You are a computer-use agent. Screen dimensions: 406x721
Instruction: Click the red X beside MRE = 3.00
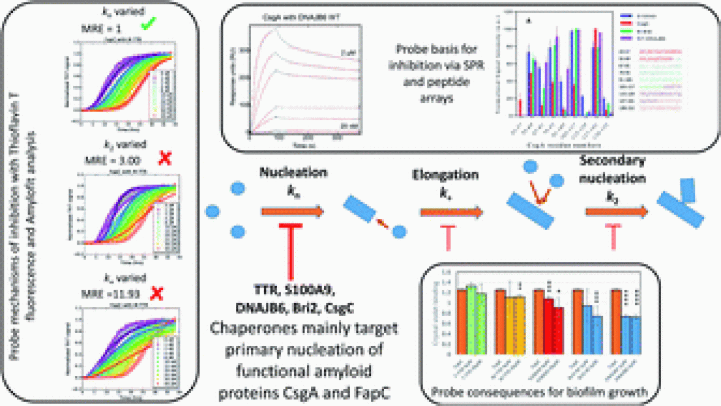tap(164, 158)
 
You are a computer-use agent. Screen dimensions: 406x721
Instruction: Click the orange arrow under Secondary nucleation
tap(616, 212)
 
